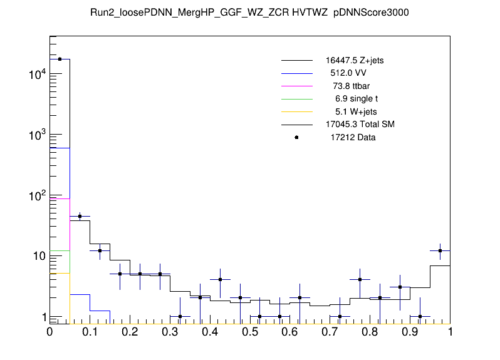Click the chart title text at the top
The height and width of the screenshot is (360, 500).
click(x=249, y=12)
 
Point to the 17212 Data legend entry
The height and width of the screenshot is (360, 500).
click(x=353, y=137)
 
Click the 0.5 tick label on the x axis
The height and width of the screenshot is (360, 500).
click(x=250, y=333)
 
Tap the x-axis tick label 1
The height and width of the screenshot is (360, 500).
click(x=450, y=333)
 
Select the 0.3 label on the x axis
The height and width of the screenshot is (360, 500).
click(x=170, y=333)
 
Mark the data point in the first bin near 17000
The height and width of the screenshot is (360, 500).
click(x=60, y=59)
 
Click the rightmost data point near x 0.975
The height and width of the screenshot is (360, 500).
click(x=440, y=250)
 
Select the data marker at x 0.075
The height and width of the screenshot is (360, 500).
click(x=80, y=216)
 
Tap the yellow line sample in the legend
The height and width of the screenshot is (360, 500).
click(x=296, y=111)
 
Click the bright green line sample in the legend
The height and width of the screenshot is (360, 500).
click(x=296, y=99)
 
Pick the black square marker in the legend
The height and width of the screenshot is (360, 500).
click(x=296, y=137)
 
